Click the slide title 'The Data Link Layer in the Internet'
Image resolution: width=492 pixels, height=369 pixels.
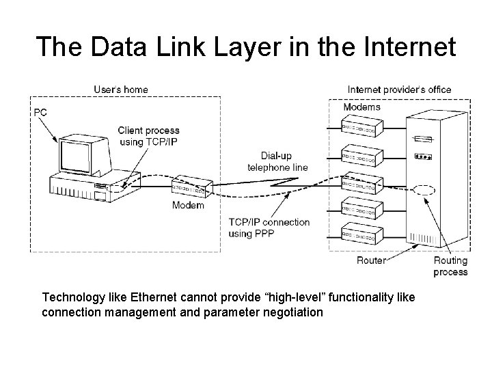coord(245,46)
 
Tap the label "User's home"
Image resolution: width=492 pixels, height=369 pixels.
coord(121,90)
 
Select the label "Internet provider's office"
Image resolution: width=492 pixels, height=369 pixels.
coord(399,90)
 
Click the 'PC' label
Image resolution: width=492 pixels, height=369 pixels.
coord(40,112)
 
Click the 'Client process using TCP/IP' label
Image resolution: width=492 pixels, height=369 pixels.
coord(148,136)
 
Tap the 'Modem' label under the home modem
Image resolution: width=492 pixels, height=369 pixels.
coord(188,206)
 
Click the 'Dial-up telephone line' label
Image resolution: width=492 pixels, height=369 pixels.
coord(277,161)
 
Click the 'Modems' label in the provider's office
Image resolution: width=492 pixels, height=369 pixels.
coord(361,107)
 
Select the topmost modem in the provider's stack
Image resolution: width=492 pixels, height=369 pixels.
coord(363,127)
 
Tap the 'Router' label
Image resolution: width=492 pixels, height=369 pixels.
coord(371,260)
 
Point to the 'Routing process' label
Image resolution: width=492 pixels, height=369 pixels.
coord(450,266)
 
